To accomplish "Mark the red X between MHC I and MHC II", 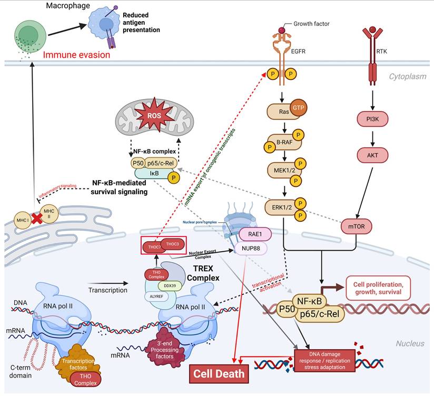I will [x=37, y=219].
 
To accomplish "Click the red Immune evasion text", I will [x=76, y=54].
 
